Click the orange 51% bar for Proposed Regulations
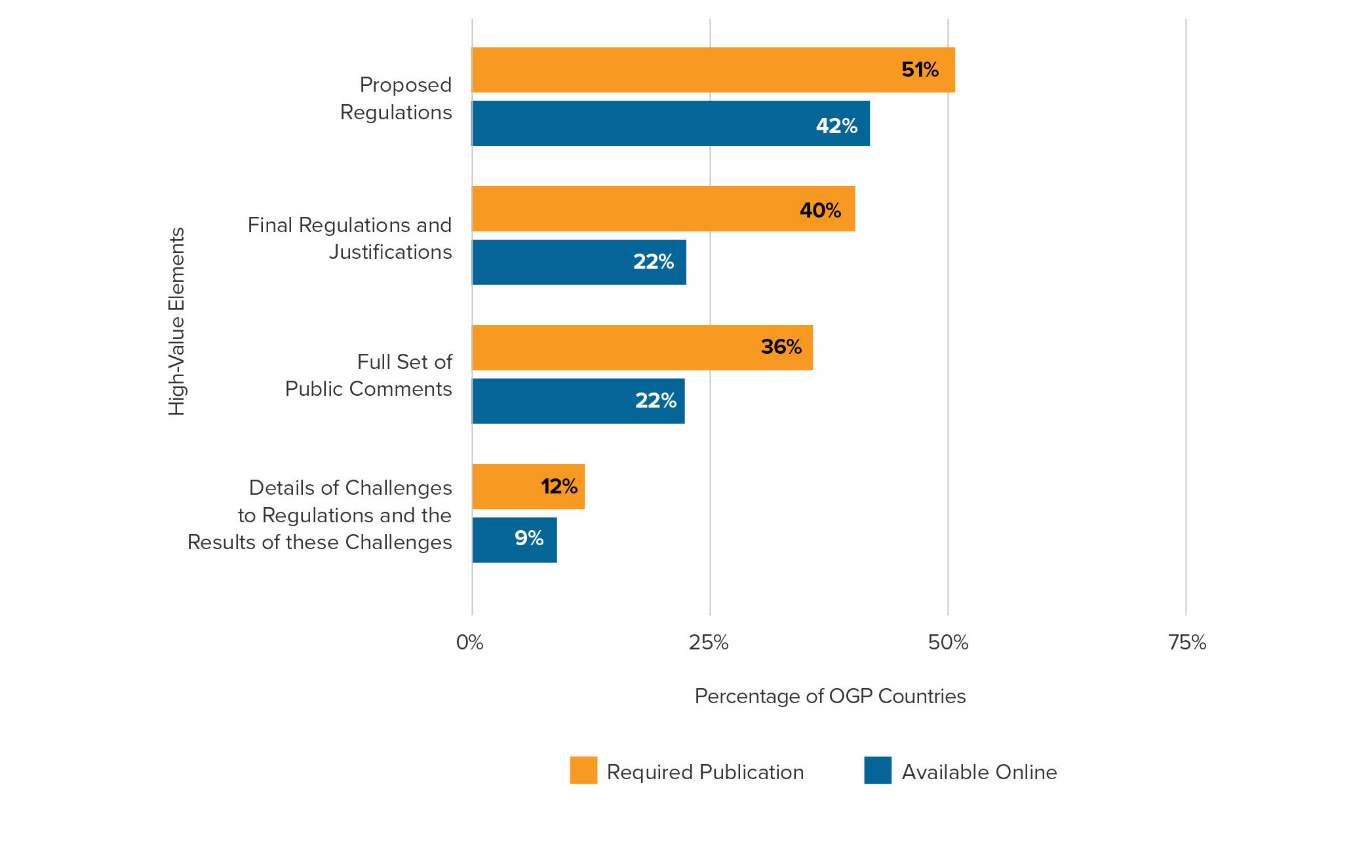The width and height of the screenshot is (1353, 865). point(713,70)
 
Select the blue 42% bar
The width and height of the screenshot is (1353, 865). point(671,124)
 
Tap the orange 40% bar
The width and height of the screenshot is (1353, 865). point(663,209)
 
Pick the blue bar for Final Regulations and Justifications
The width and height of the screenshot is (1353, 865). point(579,262)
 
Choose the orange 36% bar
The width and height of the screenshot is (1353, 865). point(642,348)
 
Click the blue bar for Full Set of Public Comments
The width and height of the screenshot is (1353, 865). point(578,401)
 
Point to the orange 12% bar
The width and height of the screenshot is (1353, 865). point(528,487)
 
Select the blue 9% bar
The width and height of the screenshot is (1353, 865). point(515,540)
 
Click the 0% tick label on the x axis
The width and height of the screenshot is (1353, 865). point(470,643)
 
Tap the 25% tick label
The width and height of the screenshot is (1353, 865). point(709,643)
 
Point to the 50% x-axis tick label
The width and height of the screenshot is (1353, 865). point(948,643)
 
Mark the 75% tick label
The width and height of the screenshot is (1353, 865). point(1187,643)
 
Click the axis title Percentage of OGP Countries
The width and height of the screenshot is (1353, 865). point(830,696)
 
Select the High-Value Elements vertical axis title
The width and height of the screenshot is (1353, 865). point(177,321)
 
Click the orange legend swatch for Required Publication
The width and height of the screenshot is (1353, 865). point(583,771)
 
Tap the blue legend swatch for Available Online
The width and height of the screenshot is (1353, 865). point(878,771)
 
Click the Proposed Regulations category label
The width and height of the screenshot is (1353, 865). point(396,98)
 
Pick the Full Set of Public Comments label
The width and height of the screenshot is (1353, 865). point(368,375)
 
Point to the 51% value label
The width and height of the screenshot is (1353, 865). point(920,70)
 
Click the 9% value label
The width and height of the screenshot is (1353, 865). point(529,539)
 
